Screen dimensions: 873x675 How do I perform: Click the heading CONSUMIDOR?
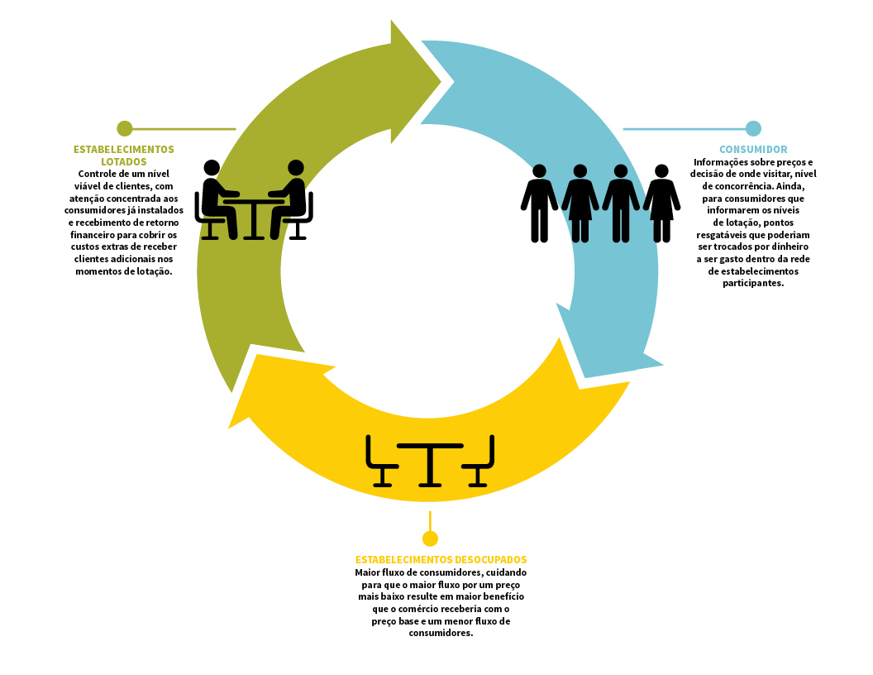click(753, 149)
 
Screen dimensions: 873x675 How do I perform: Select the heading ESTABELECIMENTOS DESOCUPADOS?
click(441, 560)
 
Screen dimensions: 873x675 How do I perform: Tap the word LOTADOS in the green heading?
click(124, 161)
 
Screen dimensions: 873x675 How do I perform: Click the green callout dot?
click(125, 129)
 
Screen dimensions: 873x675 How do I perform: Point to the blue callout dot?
click(753, 129)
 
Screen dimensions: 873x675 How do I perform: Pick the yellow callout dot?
click(430, 539)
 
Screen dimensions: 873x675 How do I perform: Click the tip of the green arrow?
click(441, 82)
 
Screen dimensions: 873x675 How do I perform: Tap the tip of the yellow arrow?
click(229, 428)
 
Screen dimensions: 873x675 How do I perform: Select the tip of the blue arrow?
click(662, 366)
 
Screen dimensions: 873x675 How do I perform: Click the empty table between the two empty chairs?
click(430, 465)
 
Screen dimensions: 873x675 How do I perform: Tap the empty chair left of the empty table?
click(381, 461)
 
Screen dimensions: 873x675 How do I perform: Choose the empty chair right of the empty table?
click(479, 461)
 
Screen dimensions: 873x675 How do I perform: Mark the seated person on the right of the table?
click(289, 199)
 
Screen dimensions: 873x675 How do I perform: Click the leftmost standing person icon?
click(539, 203)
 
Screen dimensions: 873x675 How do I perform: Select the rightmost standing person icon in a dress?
click(661, 203)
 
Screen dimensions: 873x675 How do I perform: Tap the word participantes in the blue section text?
click(753, 284)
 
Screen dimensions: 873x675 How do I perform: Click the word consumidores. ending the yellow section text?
click(441, 634)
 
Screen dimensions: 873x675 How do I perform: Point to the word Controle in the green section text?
click(97, 174)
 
